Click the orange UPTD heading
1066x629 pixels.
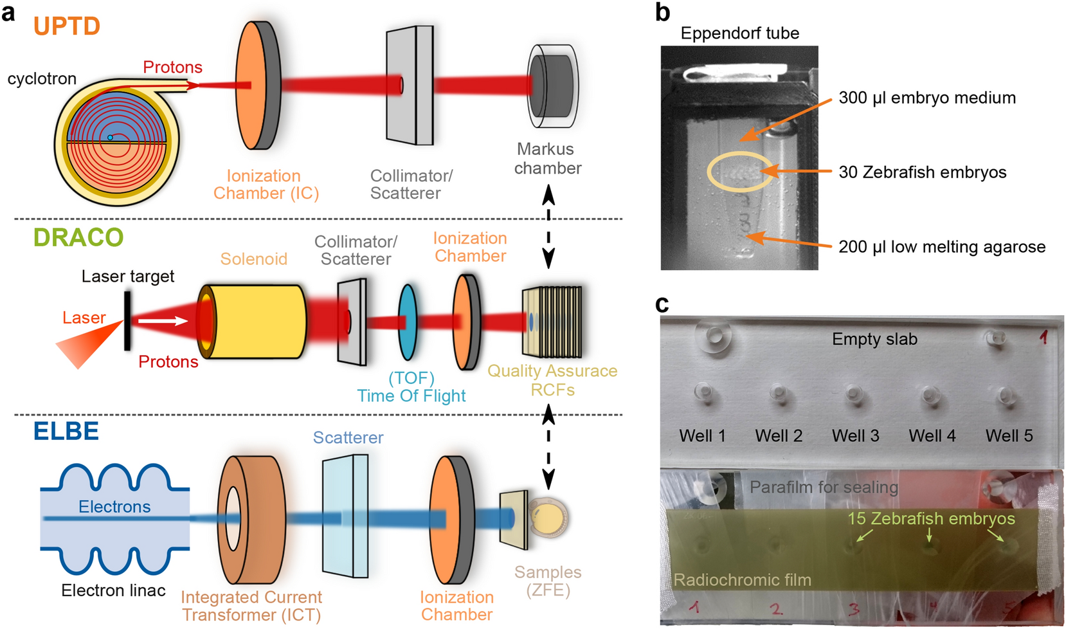[67, 26]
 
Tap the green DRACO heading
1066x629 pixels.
[78, 237]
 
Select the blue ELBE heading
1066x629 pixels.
[66, 431]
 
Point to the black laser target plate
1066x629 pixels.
[127, 321]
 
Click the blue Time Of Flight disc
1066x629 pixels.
[408, 322]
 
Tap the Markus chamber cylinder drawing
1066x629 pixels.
[552, 86]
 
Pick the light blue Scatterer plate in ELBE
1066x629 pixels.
[345, 516]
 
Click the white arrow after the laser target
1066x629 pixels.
[163, 320]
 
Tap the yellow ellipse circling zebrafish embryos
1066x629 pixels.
[739, 172]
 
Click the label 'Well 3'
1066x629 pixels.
[855, 436]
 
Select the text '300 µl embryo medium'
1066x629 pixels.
[927, 98]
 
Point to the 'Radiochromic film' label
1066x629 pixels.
[742, 580]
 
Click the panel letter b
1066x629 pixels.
[662, 12]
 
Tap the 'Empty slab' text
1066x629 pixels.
[874, 340]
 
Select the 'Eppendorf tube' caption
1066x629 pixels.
[739, 33]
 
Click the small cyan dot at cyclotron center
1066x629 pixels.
[110, 138]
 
